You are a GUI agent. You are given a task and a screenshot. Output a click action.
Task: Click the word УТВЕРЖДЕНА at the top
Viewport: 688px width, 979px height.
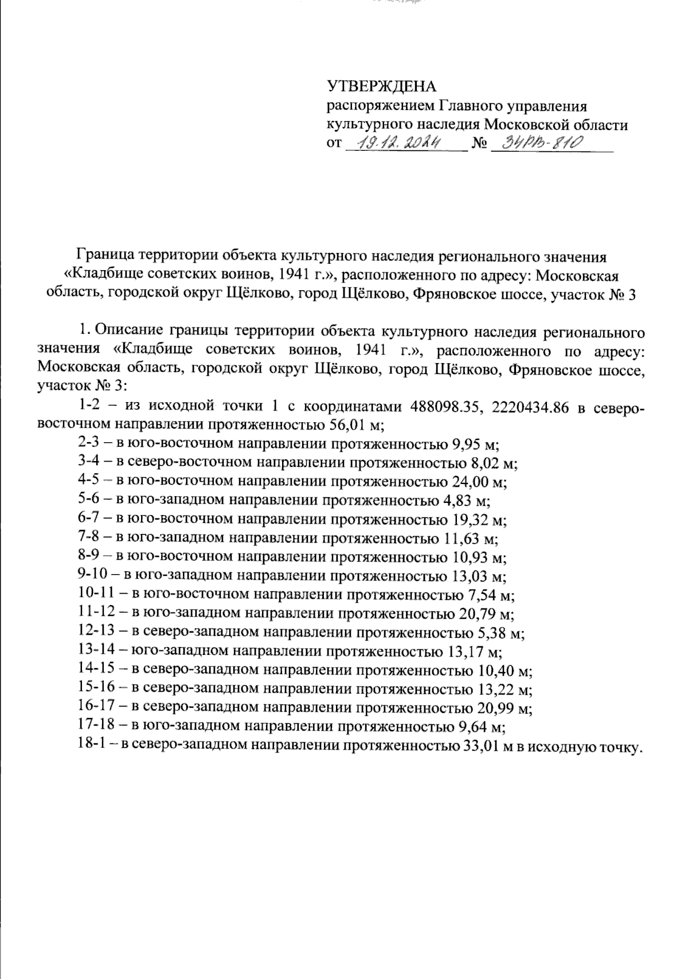[x=381, y=87]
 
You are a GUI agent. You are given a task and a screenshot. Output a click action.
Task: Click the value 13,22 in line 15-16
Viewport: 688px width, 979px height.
[x=495, y=689]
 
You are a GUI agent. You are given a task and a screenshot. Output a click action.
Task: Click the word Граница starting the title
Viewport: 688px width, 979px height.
[x=103, y=253]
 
